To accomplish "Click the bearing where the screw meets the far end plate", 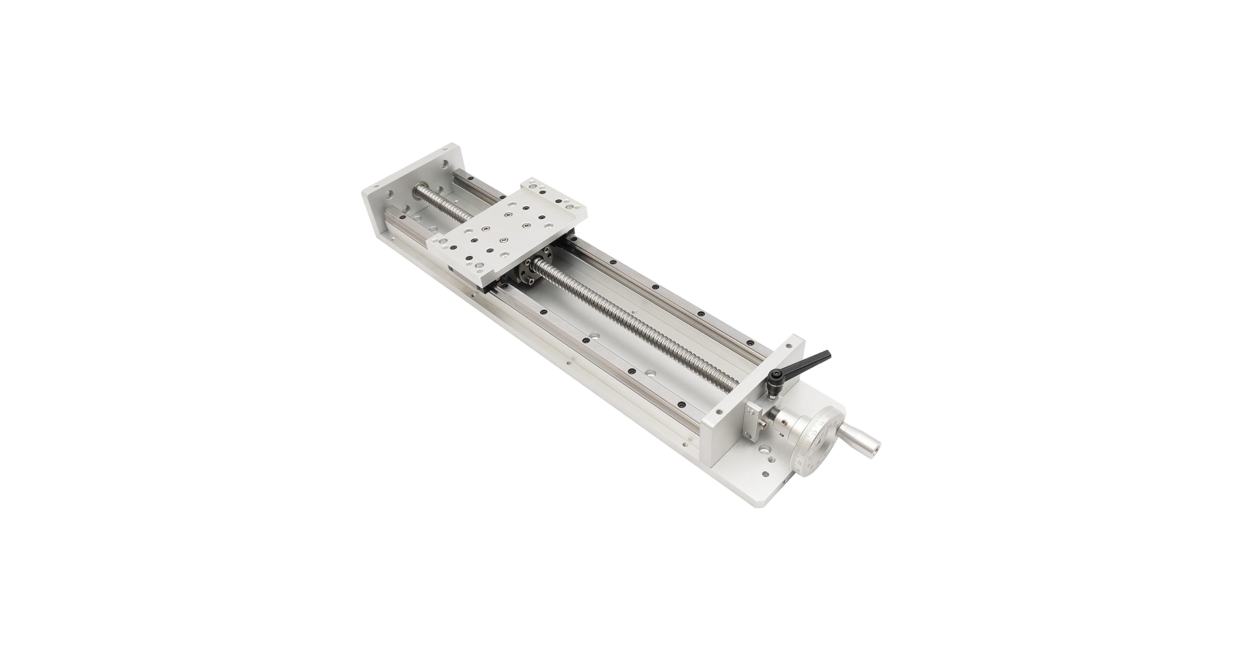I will [x=420, y=193].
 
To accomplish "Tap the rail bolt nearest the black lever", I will [x=749, y=342].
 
